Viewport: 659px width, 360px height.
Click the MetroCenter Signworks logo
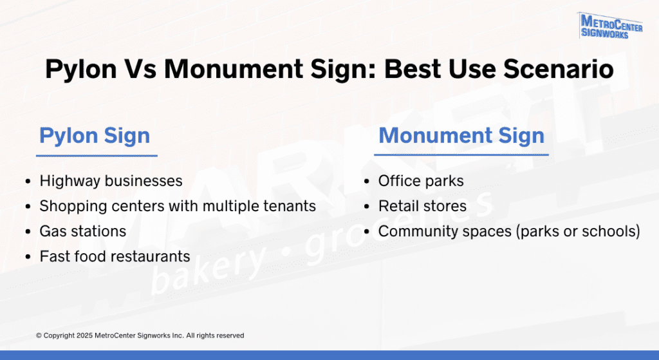pos(605,26)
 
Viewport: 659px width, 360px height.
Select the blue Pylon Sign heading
pos(95,136)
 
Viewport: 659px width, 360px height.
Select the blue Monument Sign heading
pos(461,136)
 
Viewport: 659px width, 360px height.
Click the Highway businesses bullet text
pos(111,181)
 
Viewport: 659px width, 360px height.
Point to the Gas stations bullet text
pos(83,231)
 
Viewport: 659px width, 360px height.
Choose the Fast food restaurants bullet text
pos(115,256)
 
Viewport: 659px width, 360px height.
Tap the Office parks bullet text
pos(421,181)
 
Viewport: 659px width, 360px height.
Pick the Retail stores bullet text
pos(422,206)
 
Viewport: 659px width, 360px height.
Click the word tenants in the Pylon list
pos(291,206)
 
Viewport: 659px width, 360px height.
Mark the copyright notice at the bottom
pos(140,336)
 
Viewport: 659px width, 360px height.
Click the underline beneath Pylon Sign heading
pos(97,155)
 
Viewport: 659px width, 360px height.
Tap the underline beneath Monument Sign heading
pos(461,155)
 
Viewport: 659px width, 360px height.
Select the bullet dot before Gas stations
pos(28,232)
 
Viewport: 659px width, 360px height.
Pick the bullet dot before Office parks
pos(367,182)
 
